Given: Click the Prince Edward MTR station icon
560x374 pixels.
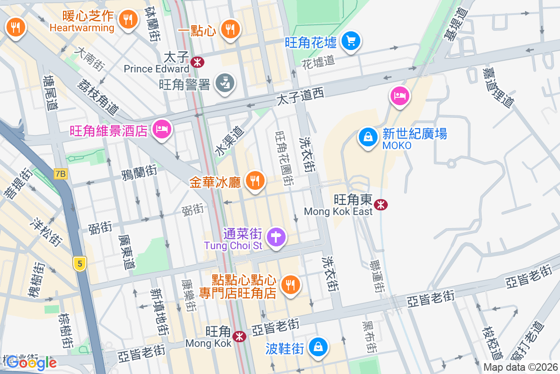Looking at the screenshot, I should coord(197,61).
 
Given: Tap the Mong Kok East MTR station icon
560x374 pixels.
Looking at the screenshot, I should coord(381,204).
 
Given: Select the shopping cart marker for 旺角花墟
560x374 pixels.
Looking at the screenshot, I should coord(350,41).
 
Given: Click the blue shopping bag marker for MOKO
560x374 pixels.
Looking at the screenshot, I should coord(368,137).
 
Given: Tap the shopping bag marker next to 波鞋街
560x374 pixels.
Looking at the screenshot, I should coord(318,347).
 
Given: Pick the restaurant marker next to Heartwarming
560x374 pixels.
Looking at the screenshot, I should coord(127,19).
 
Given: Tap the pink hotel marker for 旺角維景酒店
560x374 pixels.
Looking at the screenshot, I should coord(162,129).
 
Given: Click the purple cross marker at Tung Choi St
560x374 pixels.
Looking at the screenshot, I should coord(276,237).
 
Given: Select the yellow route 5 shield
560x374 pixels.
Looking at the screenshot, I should coord(80,264).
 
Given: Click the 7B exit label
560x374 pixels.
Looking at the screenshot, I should coord(61,174).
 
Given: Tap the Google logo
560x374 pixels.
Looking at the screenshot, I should coord(31,362).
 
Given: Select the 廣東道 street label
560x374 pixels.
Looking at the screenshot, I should coord(126,252).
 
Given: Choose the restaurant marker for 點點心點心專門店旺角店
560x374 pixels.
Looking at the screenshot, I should coord(290,284).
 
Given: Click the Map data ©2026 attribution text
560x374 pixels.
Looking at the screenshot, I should coord(520,367).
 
